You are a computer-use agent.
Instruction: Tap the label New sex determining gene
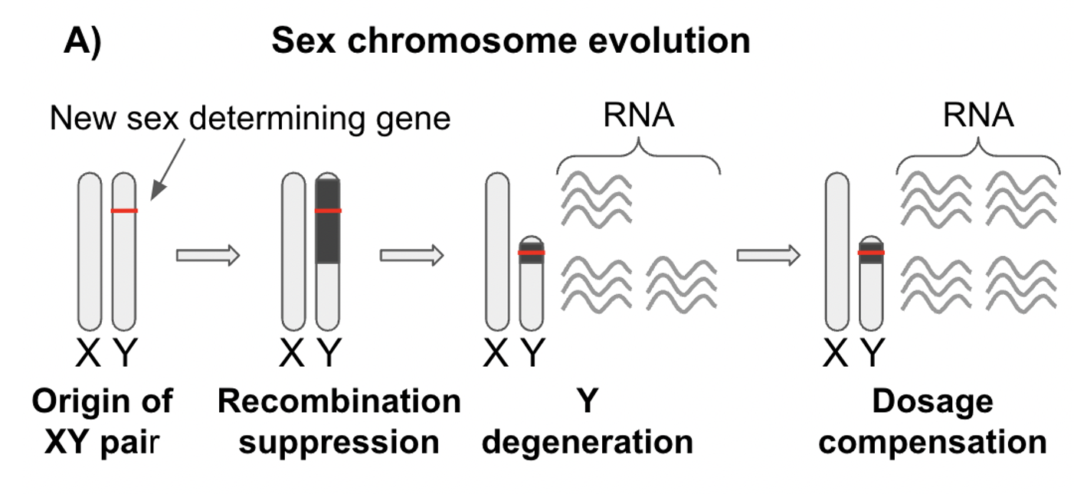point(250,119)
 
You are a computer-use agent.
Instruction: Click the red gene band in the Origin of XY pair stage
point(124,211)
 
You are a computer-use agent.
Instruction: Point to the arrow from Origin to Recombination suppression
point(208,255)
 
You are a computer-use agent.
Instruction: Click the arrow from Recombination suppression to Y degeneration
point(412,255)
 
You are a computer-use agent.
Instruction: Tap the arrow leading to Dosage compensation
point(768,255)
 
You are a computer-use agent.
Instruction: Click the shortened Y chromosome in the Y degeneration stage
point(532,291)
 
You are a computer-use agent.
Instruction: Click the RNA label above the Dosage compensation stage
point(978,116)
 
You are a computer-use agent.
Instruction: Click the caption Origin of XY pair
point(103,422)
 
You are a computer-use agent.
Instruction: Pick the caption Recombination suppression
point(339,422)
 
